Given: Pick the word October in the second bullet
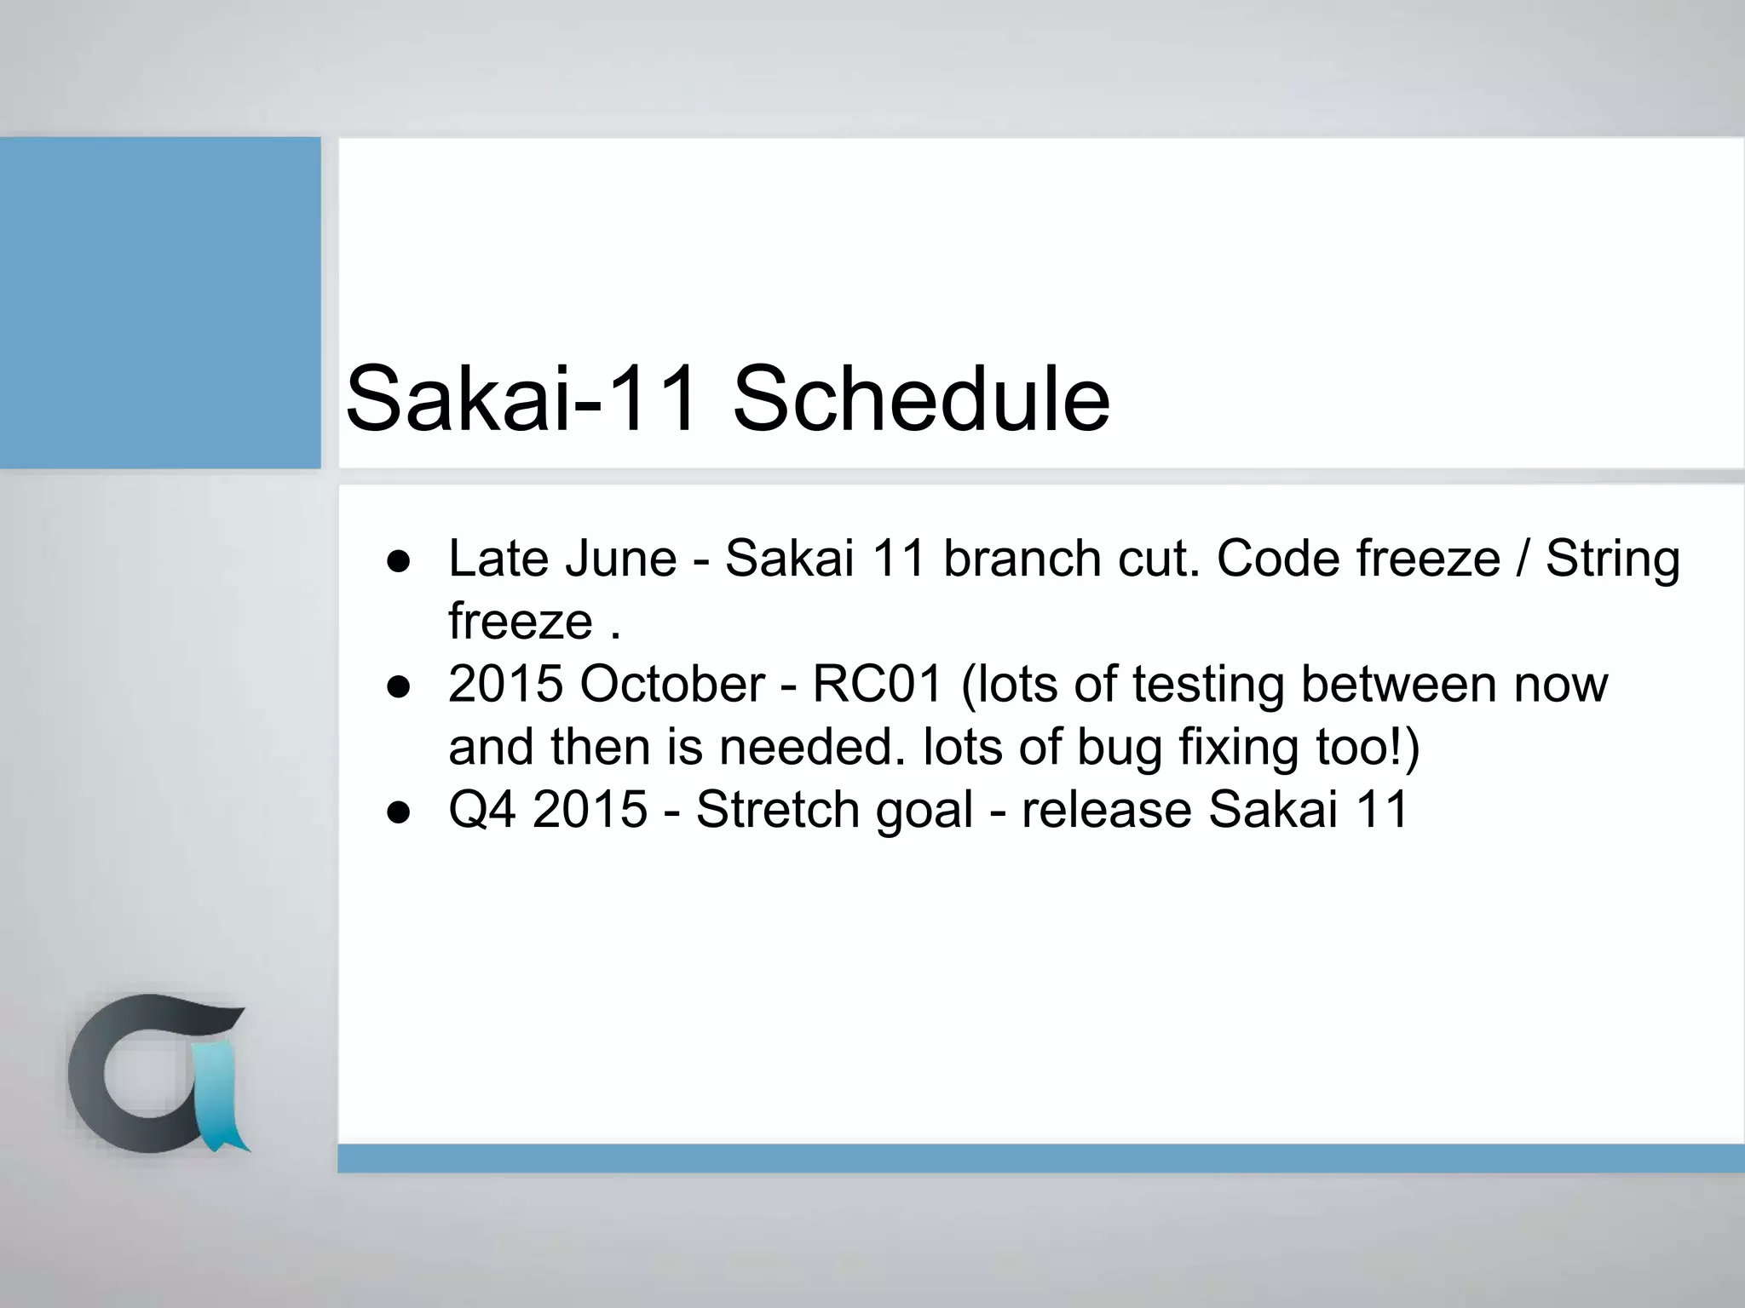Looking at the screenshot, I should coord(672,685).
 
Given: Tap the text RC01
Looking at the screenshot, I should coord(878,685).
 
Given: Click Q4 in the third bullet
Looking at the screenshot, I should coord(481,810).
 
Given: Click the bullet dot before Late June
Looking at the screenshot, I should coord(399,562).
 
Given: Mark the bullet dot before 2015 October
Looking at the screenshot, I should coord(399,687).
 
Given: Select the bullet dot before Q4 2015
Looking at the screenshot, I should coord(399,812).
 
